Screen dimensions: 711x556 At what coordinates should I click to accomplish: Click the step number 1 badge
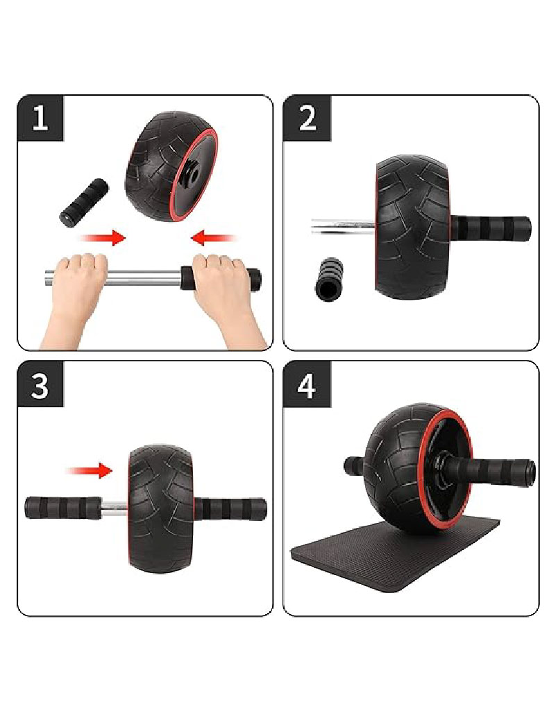(x=40, y=118)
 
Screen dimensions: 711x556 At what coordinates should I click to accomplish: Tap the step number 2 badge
(x=307, y=118)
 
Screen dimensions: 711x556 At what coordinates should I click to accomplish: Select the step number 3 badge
(x=40, y=384)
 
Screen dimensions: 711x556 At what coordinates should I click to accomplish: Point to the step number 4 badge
(x=307, y=384)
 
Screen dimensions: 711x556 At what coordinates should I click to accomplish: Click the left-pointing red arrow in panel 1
(x=214, y=239)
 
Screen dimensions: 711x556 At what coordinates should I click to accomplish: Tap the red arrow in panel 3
(x=89, y=471)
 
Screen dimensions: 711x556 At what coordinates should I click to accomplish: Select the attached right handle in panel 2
(x=493, y=228)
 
